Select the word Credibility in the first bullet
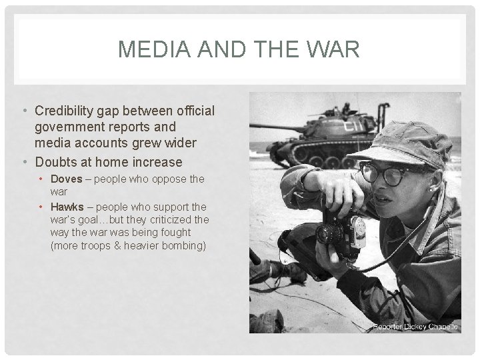click(x=70, y=111)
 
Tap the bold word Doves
click(x=66, y=179)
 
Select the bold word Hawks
click(x=67, y=207)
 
